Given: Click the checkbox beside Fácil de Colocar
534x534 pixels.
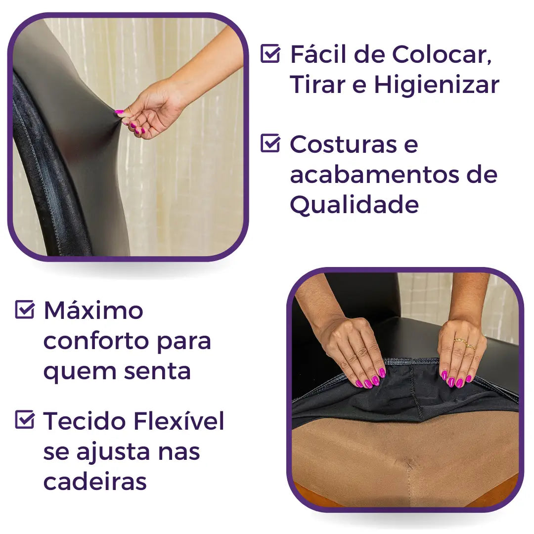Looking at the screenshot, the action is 270,53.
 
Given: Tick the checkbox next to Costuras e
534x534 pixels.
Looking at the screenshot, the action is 270,143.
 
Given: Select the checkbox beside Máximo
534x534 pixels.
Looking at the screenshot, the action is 25,309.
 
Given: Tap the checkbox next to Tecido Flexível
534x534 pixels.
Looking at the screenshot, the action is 25,419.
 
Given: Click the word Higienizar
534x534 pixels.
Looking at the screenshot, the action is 437,85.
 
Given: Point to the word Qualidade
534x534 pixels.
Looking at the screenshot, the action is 354,205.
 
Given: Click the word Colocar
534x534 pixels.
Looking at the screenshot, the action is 442,54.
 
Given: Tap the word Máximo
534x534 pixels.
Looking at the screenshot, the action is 93,310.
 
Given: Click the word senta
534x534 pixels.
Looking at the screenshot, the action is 157,371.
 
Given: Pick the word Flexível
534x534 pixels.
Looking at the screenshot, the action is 179,421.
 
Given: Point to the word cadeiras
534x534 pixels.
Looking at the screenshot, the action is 95,481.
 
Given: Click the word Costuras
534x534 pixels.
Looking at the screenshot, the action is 343,144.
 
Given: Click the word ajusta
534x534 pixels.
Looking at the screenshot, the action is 113,452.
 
